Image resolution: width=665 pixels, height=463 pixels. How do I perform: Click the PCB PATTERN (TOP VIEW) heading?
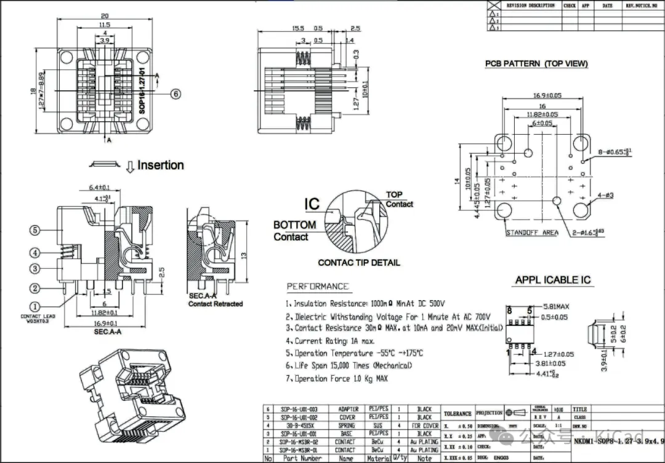(536, 63)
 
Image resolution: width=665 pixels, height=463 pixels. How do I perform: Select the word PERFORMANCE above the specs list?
(318, 287)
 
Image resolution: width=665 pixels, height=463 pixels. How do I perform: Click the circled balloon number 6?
(176, 94)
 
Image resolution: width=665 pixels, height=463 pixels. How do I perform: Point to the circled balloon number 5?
(35, 230)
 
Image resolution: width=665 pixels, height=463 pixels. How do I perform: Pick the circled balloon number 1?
(35, 306)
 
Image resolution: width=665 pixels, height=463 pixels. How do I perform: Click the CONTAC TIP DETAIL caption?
(358, 263)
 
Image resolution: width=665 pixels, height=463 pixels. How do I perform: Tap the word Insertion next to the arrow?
(160, 165)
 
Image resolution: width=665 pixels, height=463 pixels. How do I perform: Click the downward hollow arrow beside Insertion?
(130, 166)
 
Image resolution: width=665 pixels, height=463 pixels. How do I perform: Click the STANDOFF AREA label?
(531, 232)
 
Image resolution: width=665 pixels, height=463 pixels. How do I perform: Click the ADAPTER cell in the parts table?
(348, 409)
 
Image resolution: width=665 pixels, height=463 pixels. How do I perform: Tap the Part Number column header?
(302, 458)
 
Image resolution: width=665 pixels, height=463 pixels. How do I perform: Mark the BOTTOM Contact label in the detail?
(294, 231)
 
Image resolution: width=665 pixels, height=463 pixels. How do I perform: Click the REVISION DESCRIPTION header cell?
(530, 6)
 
